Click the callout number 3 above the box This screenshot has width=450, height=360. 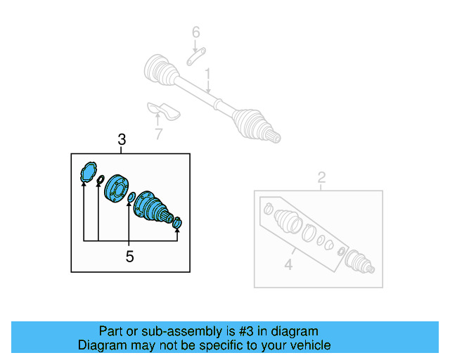tap(122, 141)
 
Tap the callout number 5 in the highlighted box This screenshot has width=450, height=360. tap(129, 257)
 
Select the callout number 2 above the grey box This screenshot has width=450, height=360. tap(321, 178)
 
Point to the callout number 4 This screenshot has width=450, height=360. tap(288, 264)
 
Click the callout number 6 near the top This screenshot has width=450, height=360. tap(196, 32)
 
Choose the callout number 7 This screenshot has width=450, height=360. tap(158, 134)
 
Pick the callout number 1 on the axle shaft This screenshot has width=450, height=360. tap(208, 74)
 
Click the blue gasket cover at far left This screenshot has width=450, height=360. tap(88, 172)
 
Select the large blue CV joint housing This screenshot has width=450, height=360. tap(150, 206)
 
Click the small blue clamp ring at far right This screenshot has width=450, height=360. tap(177, 224)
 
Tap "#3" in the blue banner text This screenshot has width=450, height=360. tap(243, 331)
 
